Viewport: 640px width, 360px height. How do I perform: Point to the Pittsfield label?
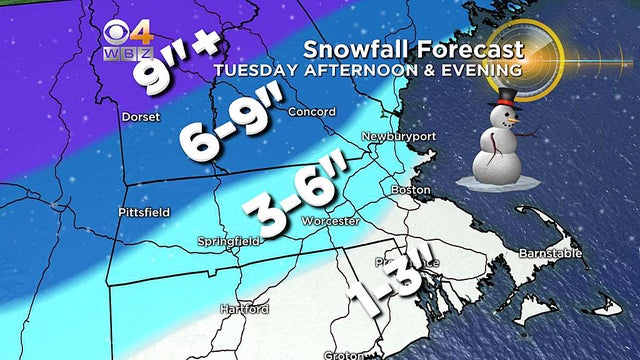point(144,212)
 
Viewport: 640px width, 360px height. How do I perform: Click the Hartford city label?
point(244,309)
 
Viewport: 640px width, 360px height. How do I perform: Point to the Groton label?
point(343,354)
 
